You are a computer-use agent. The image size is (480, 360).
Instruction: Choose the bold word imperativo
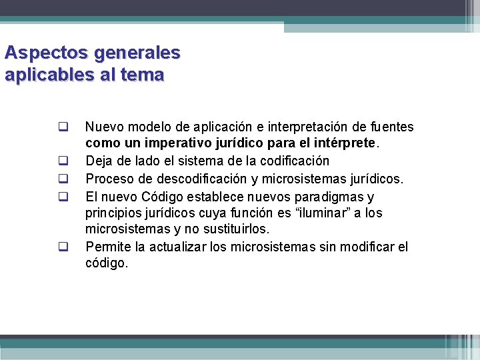[169, 144]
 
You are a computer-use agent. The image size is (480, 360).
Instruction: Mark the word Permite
[108, 247]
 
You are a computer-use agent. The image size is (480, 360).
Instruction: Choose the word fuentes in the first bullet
[391, 127]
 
